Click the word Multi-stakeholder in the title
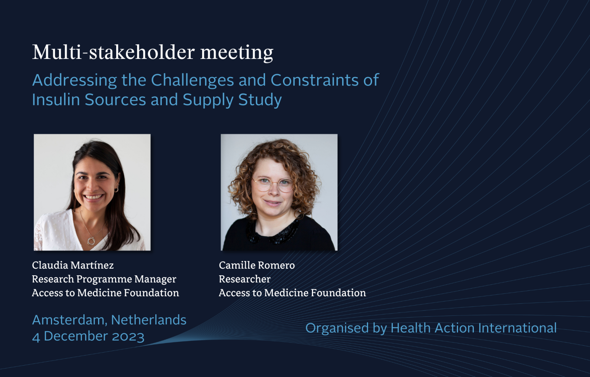[x=114, y=52]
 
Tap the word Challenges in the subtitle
[x=192, y=80]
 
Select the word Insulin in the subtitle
[x=56, y=100]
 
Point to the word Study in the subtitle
[x=260, y=100]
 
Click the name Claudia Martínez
[x=73, y=265]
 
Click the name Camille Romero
[x=257, y=265]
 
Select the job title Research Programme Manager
[x=104, y=279]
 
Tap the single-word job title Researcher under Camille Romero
[x=245, y=279]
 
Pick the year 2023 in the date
[x=128, y=336]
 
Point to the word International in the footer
[x=517, y=328]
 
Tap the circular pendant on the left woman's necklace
[x=91, y=241]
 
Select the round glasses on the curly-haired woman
[x=273, y=184]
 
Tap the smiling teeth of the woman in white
[x=94, y=197]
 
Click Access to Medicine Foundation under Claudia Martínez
[x=105, y=293]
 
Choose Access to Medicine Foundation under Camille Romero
[x=292, y=293]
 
